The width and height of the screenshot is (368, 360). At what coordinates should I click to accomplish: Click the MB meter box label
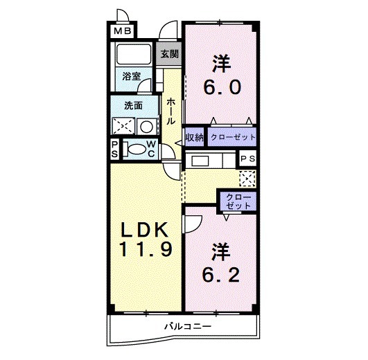pos(121,31)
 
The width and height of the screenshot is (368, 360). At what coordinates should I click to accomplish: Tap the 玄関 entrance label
pos(169,54)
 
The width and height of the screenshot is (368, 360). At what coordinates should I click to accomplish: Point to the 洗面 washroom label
pos(133,105)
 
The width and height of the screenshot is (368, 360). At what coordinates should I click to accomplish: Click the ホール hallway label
pos(170,110)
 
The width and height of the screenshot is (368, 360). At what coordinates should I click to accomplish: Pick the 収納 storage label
pos(194,137)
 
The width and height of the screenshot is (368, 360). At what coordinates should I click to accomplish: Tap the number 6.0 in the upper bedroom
pos(221,87)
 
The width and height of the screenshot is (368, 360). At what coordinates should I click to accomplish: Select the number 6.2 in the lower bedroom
pos(221,275)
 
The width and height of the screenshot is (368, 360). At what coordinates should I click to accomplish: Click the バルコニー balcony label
pos(186,326)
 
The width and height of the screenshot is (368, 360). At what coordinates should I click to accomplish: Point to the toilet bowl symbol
pos(136,149)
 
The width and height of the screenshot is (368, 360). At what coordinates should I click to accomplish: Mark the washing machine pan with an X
pos(123,126)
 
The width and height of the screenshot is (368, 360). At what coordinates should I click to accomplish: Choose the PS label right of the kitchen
pos(248,159)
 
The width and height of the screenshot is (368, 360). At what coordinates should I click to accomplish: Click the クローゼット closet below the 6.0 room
pos(232,137)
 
